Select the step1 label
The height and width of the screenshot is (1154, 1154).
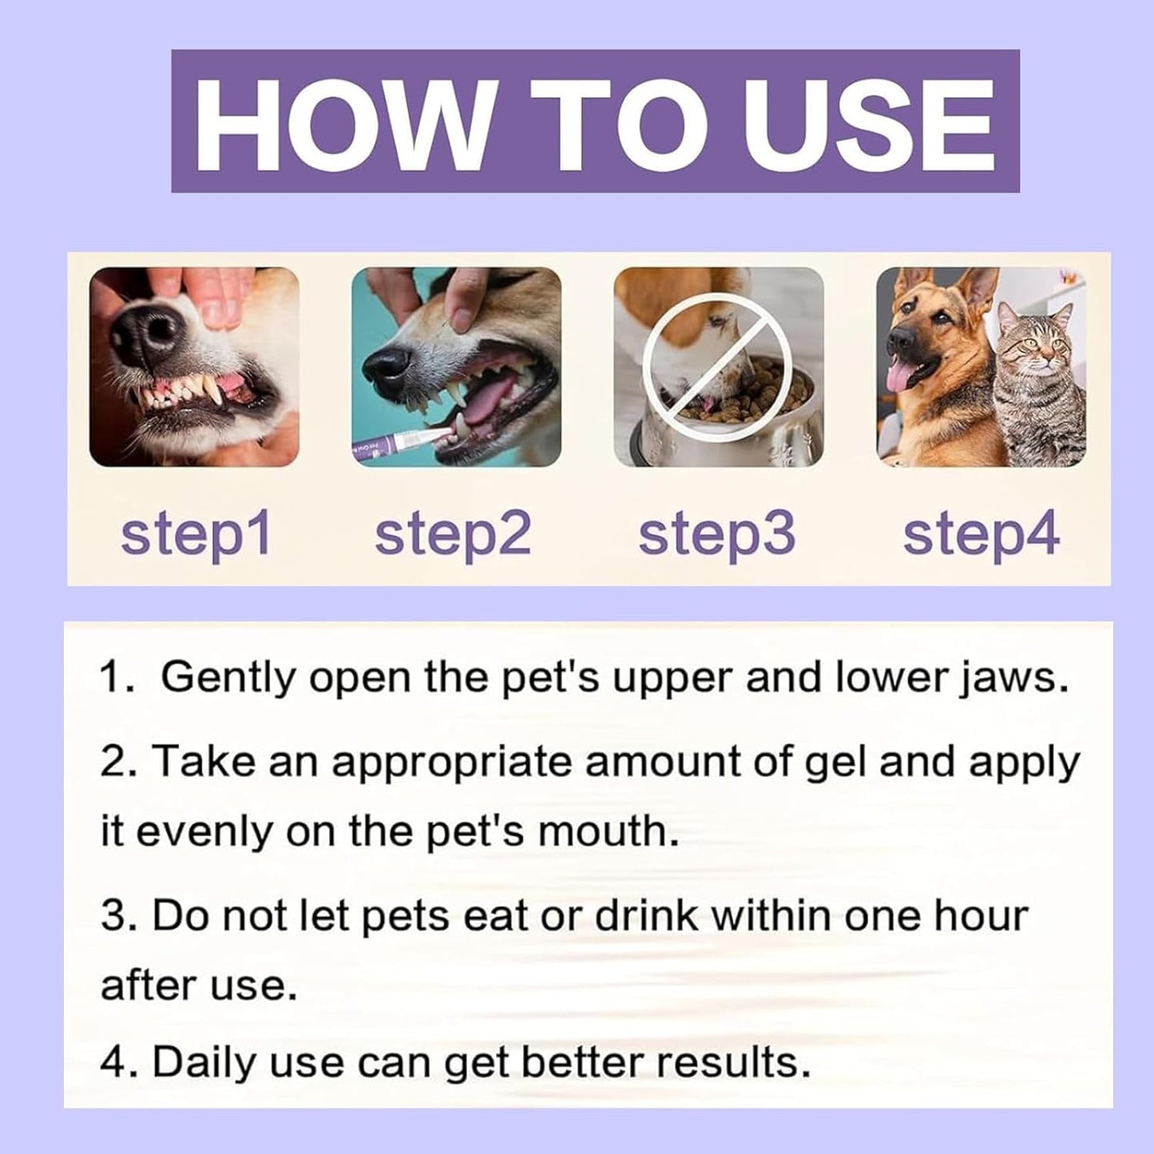point(196,533)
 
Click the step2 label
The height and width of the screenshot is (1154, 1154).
point(453,533)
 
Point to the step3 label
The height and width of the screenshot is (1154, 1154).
point(716,533)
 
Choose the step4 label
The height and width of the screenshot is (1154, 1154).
point(981,533)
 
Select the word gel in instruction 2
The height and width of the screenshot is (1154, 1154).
point(835,762)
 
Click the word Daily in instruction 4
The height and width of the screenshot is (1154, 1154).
point(205,1062)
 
